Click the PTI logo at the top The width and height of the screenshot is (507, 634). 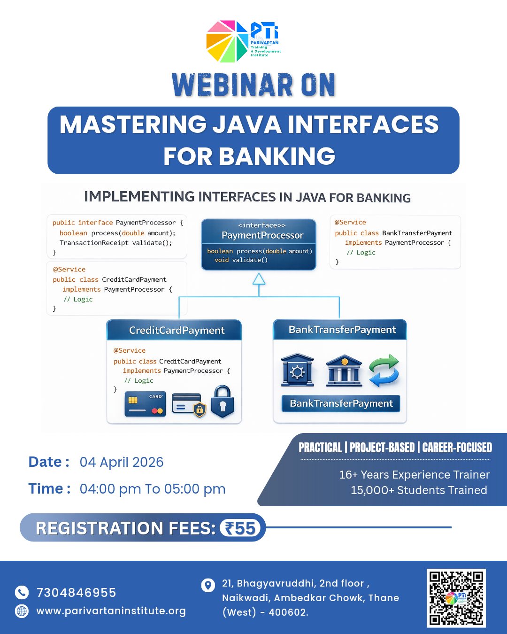(243, 41)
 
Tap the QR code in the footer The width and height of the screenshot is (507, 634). (456, 598)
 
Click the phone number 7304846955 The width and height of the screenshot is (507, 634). (76, 593)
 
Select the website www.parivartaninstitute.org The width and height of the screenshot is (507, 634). (111, 611)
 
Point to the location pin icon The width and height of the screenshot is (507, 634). (207, 585)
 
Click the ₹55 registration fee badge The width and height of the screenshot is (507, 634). (240, 528)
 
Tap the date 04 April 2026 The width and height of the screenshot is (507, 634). (122, 462)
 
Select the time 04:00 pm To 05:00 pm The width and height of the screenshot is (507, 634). (153, 489)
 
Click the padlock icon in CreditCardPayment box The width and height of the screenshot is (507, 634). (223, 402)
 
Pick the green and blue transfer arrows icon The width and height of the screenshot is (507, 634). (384, 371)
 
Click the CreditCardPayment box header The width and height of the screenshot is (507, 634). (174, 330)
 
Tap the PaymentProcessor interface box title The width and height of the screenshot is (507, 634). (262, 235)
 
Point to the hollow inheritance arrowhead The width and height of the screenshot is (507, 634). (259, 279)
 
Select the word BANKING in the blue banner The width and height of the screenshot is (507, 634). (277, 156)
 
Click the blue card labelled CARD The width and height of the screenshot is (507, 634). (145, 404)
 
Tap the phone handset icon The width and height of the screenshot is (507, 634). (22, 593)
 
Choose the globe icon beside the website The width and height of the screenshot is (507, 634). (22, 611)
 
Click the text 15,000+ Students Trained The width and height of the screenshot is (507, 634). (419, 490)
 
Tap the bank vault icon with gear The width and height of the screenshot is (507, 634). (297, 370)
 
